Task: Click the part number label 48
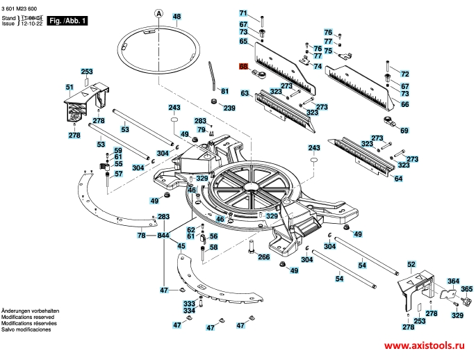pos(177,16)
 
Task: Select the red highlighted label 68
pos(244,67)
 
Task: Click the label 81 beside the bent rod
pos(224,91)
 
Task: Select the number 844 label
pos(163,236)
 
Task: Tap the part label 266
pos(264,257)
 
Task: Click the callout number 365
pos(466,289)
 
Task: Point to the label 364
pos(453,281)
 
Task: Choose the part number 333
pos(189,304)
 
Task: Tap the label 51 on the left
pos(69,87)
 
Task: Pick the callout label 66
pos(405,104)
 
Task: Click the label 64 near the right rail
pos(398,179)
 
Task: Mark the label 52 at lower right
pos(411,265)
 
